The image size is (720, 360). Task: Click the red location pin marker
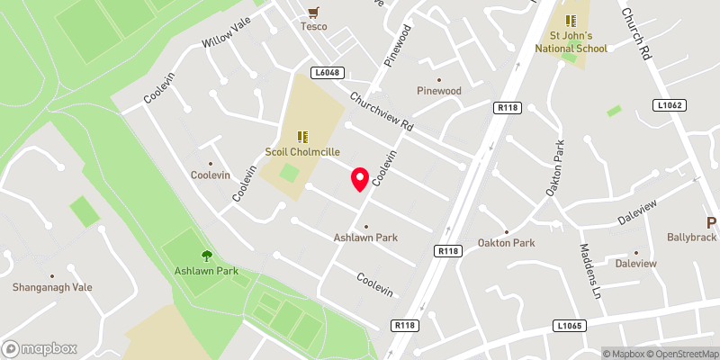click(360, 179)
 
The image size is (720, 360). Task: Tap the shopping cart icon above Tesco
click(313, 12)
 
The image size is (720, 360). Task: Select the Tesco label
click(313, 26)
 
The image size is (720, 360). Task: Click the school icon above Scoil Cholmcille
click(302, 136)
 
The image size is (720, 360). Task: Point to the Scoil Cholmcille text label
click(302, 151)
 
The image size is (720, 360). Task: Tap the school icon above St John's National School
click(570, 20)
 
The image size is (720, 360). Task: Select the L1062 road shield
click(670, 105)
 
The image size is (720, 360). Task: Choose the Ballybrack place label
click(691, 238)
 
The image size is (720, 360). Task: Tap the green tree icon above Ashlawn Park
click(208, 256)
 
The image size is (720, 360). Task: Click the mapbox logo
click(40, 348)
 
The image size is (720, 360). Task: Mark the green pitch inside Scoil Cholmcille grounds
click(289, 172)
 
